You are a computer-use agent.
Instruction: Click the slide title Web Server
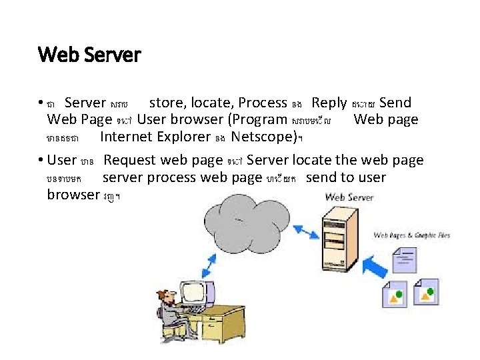coord(89,54)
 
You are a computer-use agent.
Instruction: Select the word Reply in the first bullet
coord(329,103)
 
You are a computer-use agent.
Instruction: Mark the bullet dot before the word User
coord(41,161)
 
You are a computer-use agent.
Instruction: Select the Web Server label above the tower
coord(349,197)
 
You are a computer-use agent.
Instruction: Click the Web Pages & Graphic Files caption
coord(411,235)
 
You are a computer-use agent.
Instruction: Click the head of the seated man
coord(167,297)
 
